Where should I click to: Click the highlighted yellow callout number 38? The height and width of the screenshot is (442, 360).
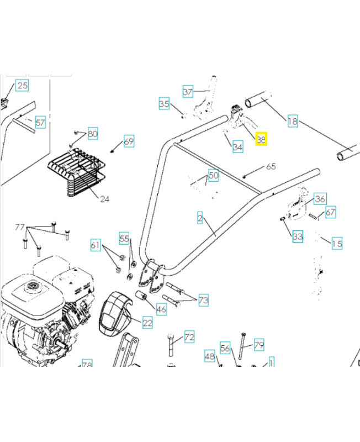tap(261, 140)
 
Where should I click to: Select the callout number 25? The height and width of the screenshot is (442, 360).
tap(22, 85)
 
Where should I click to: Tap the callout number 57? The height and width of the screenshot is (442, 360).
tap(40, 122)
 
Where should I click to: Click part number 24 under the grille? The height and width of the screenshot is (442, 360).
tap(104, 198)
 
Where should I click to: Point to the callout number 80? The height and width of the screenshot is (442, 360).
tap(92, 134)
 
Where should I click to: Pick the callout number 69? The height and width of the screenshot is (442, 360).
tap(128, 141)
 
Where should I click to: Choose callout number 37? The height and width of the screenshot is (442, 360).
tap(188, 92)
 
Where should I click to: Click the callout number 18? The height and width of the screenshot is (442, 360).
tap(293, 121)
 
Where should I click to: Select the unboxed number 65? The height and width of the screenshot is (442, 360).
tap(271, 166)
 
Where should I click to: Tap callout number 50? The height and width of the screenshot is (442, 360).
tap(213, 176)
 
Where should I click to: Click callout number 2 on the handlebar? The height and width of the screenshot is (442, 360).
tap(200, 218)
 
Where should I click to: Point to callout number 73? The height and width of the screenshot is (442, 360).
tap(203, 301)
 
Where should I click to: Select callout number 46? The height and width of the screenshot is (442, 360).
tap(161, 309)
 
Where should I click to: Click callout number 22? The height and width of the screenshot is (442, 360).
tap(147, 323)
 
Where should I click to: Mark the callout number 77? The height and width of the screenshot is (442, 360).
tap(20, 227)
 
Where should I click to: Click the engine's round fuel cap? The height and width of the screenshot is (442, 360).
tap(31, 287)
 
